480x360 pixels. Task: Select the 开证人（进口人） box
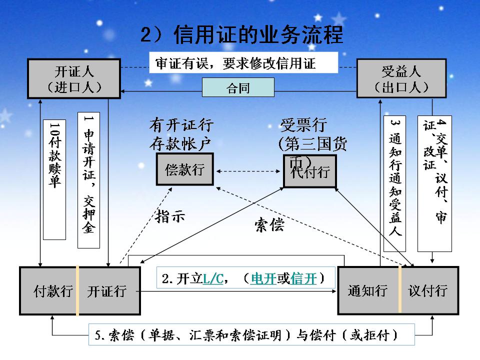tap(74, 78)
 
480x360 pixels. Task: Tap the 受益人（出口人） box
tap(401, 78)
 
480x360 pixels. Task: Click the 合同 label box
tap(238, 88)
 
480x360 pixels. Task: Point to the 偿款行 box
tap(184, 170)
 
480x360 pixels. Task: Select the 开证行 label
tap(106, 291)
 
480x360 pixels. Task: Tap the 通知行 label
tap(367, 290)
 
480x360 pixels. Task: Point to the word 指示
tap(170, 216)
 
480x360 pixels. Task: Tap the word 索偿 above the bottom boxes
tap(269, 225)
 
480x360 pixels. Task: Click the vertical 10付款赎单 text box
tap(54, 179)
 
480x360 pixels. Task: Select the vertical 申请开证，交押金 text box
tap(88, 179)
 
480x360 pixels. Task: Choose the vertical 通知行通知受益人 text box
tap(395, 183)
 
